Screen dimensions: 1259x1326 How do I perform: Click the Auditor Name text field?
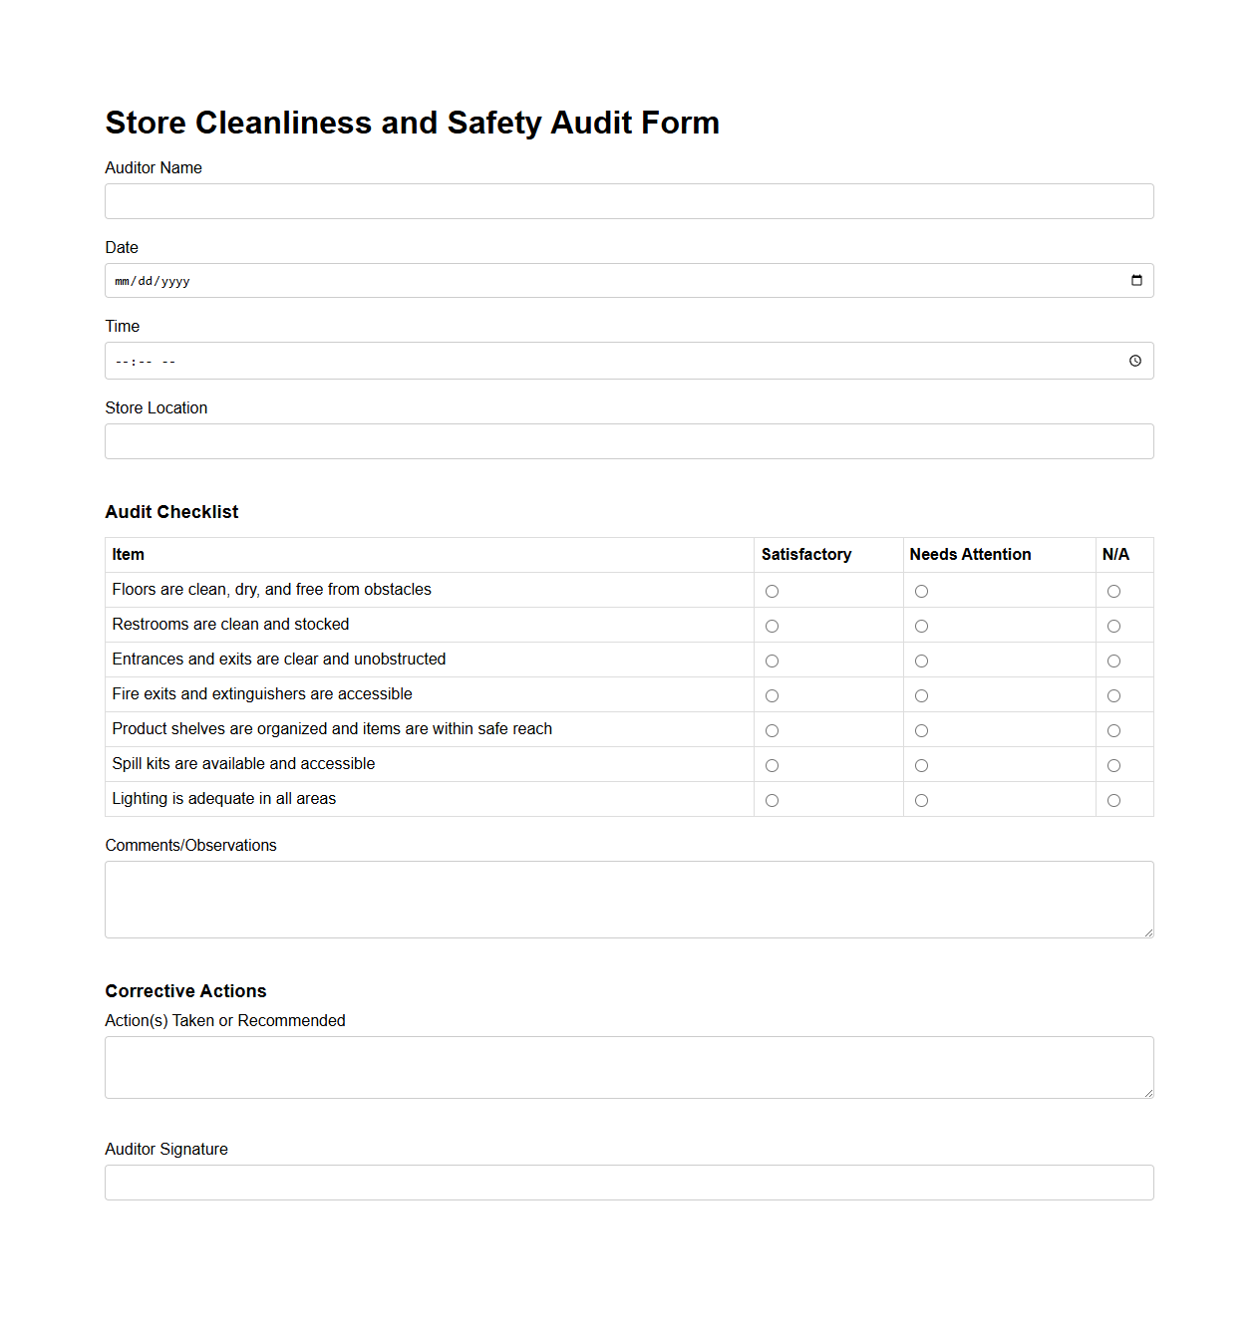[x=628, y=201]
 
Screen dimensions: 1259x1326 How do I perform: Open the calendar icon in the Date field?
[x=1136, y=281]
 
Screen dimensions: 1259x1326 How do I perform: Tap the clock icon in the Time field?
[x=1135, y=361]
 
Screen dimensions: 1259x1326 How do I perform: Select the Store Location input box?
[x=628, y=441]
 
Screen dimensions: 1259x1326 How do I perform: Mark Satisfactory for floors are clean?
[x=772, y=592]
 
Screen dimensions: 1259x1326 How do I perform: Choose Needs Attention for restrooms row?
[x=921, y=627]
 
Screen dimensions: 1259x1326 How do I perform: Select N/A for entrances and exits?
[x=1113, y=662]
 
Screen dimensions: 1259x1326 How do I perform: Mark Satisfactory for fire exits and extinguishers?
[x=772, y=696]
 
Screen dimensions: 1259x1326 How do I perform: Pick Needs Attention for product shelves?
[x=921, y=731]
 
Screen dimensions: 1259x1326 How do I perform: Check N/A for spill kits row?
[x=1113, y=766]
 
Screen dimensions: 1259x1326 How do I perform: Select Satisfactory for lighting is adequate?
[x=772, y=801]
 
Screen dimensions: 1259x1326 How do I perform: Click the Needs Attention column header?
[x=970, y=555]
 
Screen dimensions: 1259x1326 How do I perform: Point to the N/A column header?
[x=1115, y=555]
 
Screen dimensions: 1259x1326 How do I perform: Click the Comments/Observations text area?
[x=628, y=900]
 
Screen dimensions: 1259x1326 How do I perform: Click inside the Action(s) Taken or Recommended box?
[x=628, y=1067]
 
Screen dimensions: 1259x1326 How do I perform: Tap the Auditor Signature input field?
[x=628, y=1183]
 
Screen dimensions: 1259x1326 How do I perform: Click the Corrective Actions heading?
[x=185, y=991]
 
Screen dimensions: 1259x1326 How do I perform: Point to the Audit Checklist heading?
[x=171, y=512]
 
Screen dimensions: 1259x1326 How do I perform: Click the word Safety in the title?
[x=493, y=123]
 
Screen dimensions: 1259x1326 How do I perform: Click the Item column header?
[x=129, y=555]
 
